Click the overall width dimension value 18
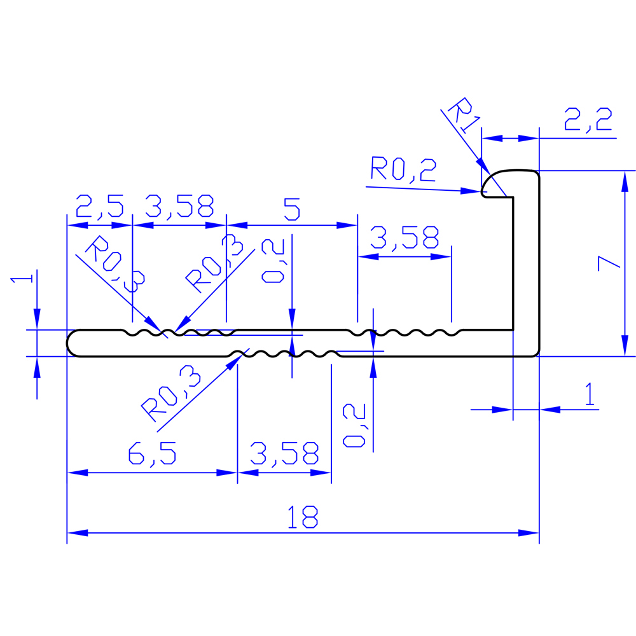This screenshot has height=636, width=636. pyautogui.click(x=302, y=517)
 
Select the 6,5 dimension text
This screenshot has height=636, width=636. pyautogui.click(x=152, y=453)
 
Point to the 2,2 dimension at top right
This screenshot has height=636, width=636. pyautogui.click(x=588, y=120)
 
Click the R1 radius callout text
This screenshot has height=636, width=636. pyautogui.click(x=463, y=114)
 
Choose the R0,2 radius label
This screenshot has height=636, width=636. pyautogui.click(x=403, y=169)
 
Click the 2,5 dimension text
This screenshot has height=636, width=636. pyautogui.click(x=99, y=206)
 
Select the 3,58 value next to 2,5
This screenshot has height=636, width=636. pyautogui.click(x=179, y=206)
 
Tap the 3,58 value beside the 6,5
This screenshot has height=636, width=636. pyautogui.click(x=284, y=453)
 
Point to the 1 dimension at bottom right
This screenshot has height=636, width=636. pyautogui.click(x=590, y=394)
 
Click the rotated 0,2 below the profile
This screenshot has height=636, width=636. pyautogui.click(x=354, y=425)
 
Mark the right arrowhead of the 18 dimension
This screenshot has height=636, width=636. pyautogui.click(x=529, y=532)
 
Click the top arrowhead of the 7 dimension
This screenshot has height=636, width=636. pyautogui.click(x=625, y=181)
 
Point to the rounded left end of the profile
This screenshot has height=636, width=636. pyautogui.click(x=71, y=343)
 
